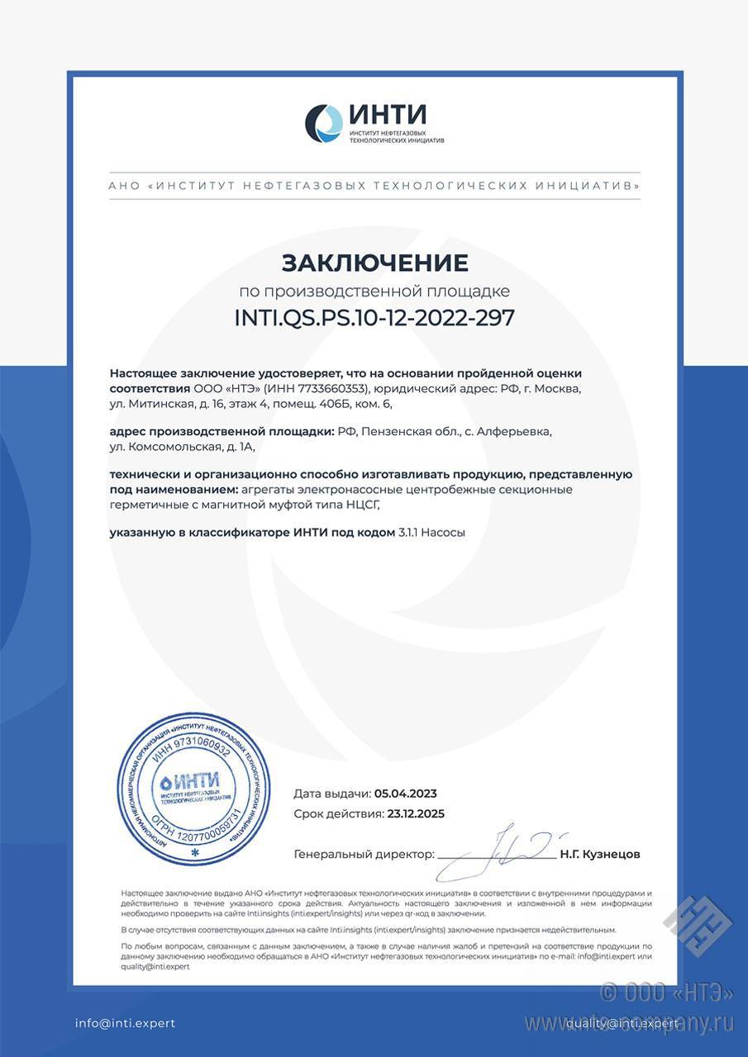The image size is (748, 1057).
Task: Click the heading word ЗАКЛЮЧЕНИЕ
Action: coord(374,263)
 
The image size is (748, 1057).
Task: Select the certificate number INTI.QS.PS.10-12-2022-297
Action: coord(374,319)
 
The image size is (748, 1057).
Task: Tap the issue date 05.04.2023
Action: coord(405,794)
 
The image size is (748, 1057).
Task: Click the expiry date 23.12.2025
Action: coord(416,813)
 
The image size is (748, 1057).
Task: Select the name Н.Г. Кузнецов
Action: coord(599,855)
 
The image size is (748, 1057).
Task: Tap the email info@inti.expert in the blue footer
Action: coord(126,1023)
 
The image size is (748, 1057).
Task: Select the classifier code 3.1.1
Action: coord(408,533)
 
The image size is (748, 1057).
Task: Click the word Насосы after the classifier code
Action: coord(444,533)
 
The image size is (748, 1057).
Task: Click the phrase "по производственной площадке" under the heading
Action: coord(374,291)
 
